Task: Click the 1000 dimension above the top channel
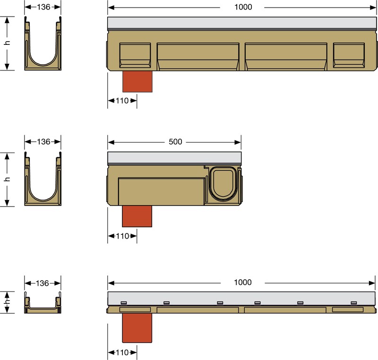click(243, 7)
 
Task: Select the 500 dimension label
click(175, 142)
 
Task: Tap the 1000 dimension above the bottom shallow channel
click(243, 282)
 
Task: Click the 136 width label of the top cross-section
click(43, 7)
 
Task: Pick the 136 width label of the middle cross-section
click(43, 142)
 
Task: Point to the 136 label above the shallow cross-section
click(43, 283)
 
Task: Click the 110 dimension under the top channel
click(122, 101)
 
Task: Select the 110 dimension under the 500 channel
click(123, 236)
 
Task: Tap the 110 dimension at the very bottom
click(122, 352)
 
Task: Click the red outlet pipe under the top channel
click(137, 81)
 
